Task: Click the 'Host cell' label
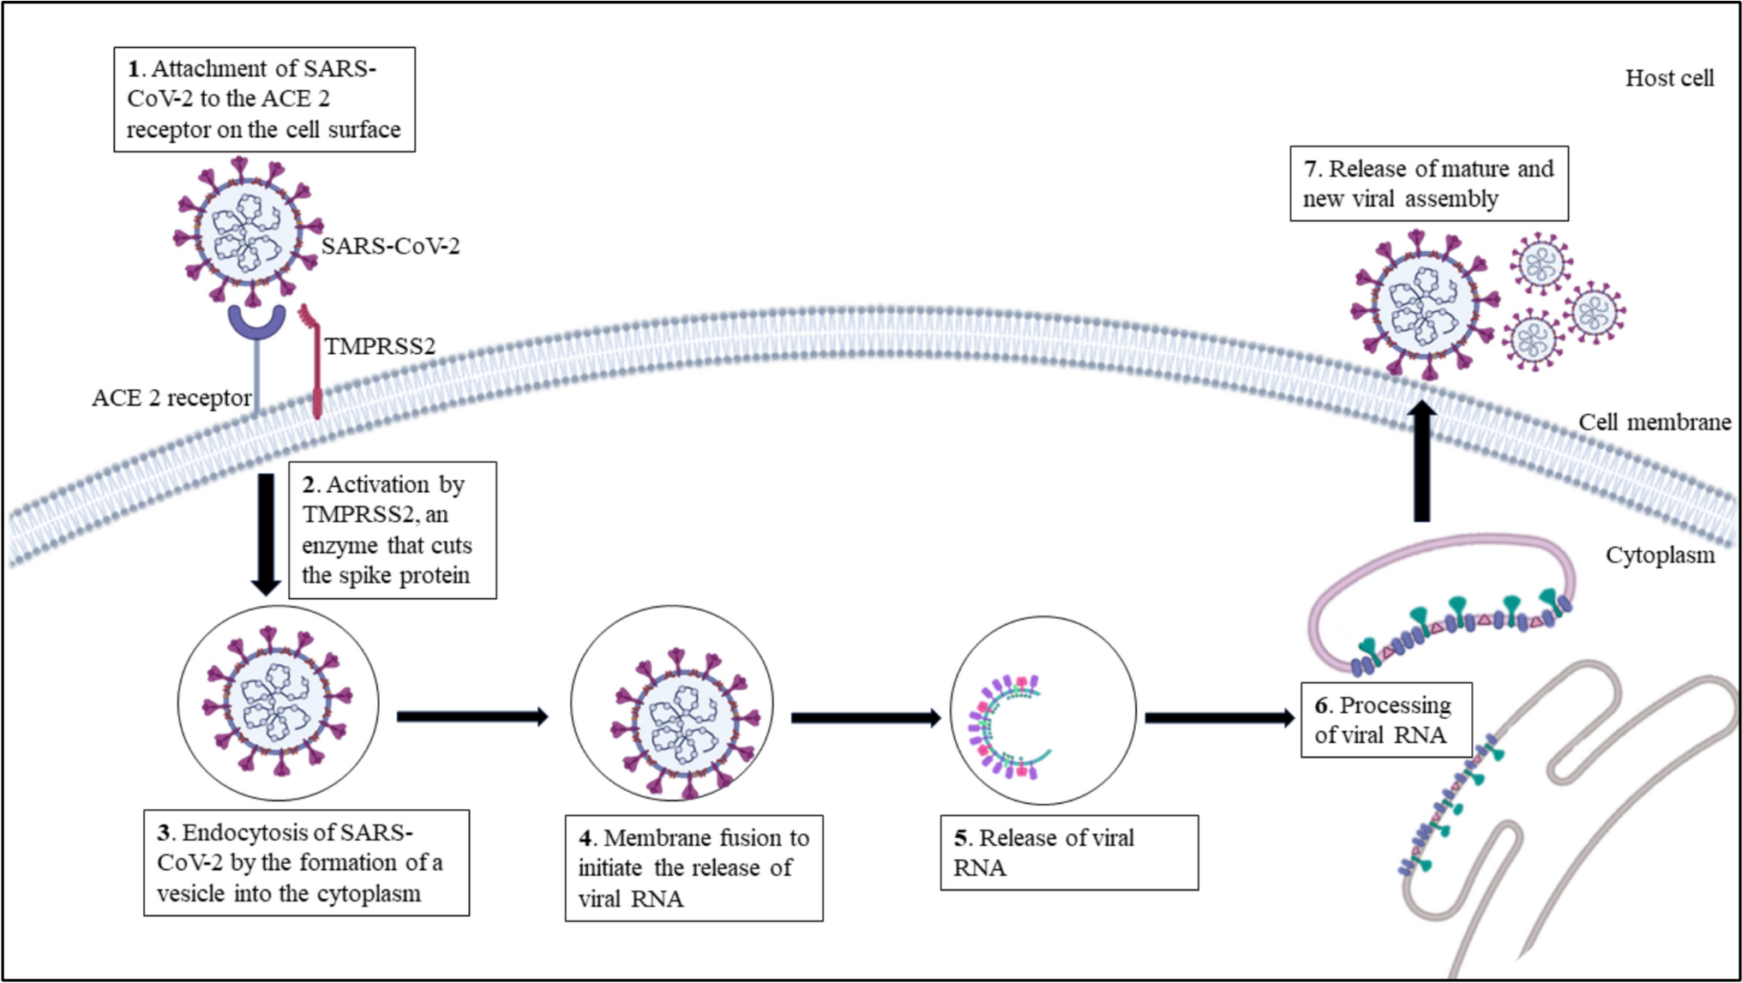coord(1669,78)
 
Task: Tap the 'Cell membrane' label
coord(1654,423)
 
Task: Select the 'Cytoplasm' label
coord(1660,555)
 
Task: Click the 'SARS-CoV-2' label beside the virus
coord(390,247)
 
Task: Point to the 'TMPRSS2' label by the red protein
coord(379,346)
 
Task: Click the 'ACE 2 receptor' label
coord(171,399)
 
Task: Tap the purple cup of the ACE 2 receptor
coord(256,324)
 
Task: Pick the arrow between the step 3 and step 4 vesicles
coord(472,716)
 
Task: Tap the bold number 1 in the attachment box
coord(134,69)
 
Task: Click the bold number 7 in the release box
coord(1310,169)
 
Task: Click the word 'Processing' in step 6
coord(1395,705)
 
